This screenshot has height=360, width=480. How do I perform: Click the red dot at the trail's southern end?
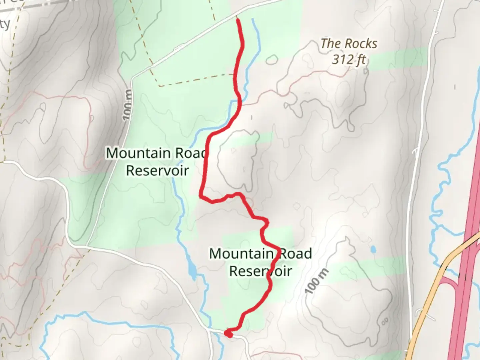[228, 333]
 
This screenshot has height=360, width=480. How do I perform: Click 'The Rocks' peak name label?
[349, 44]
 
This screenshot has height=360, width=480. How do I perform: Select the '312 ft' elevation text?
[349, 60]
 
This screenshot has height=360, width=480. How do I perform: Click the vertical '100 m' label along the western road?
[127, 105]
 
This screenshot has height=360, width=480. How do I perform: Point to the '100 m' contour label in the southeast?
[316, 281]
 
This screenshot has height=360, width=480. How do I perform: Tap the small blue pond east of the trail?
[373, 249]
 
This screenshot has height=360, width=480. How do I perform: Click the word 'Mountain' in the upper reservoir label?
[138, 153]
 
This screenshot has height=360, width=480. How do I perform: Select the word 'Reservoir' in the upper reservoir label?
[157, 171]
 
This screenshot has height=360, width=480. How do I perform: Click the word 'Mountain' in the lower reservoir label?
[241, 254]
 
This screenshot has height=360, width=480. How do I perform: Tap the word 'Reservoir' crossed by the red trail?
[260, 271]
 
